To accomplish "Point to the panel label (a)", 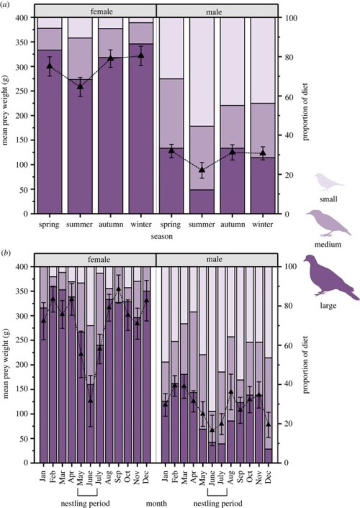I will pos(7,6).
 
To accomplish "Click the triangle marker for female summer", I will pos(80,86).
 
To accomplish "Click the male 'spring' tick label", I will pos(171,224).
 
